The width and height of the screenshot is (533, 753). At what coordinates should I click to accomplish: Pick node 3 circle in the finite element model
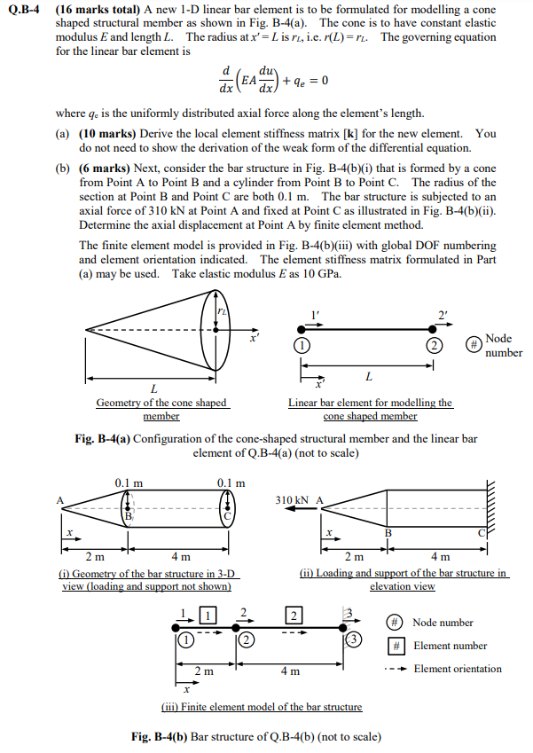(353, 639)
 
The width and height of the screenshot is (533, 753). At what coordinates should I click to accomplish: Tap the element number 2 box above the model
(293, 616)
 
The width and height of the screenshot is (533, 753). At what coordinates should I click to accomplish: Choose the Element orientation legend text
(458, 669)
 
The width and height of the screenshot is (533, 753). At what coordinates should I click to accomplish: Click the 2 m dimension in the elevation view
(353, 557)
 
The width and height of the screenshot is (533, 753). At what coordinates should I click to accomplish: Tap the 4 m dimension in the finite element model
(289, 671)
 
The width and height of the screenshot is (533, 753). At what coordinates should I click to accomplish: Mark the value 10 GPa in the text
(326, 273)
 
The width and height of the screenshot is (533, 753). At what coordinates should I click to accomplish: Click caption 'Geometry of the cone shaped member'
(161, 409)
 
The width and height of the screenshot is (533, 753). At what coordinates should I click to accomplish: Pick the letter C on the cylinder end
(227, 514)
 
